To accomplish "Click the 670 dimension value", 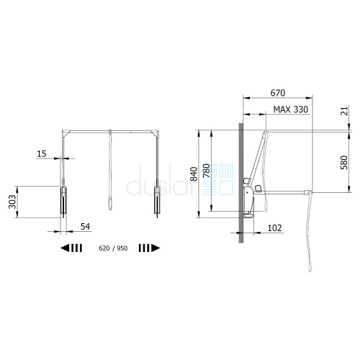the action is pos(278,93).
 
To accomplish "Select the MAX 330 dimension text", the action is pos(291,109).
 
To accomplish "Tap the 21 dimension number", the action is pos(344,111).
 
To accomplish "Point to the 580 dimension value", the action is pos(344,163).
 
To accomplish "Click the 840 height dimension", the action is pos(194,174).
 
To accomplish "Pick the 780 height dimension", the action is pos(207,171).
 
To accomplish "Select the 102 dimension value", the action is pos(274,228).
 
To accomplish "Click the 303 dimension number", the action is pos(12,202).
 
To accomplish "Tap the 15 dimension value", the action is pos(42,154).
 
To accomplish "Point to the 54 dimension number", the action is pos(85,227).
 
